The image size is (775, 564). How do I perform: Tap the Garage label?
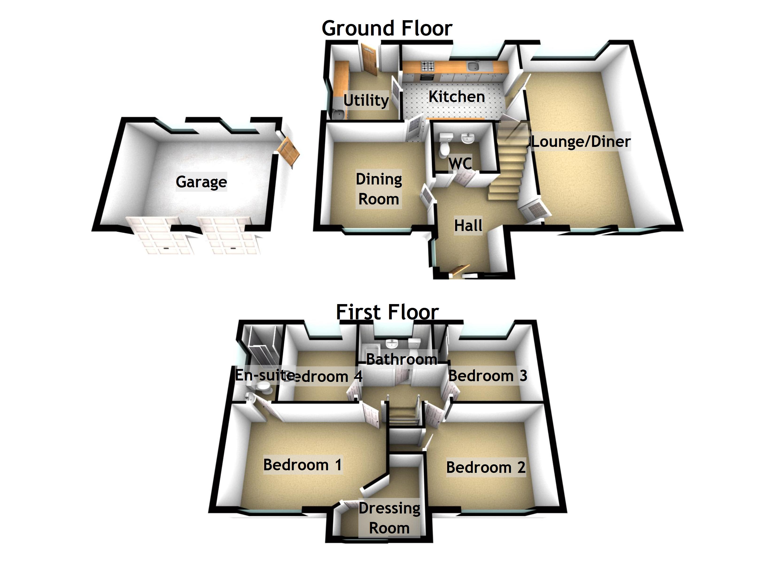tap(201, 182)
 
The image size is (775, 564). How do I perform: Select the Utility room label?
tap(366, 100)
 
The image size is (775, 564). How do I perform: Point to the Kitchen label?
tap(457, 96)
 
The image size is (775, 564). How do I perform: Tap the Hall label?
tap(468, 226)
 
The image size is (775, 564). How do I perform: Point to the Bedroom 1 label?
tap(302, 465)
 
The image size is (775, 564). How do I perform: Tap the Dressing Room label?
tap(389, 518)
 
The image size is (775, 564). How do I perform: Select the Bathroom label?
tap(402, 359)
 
